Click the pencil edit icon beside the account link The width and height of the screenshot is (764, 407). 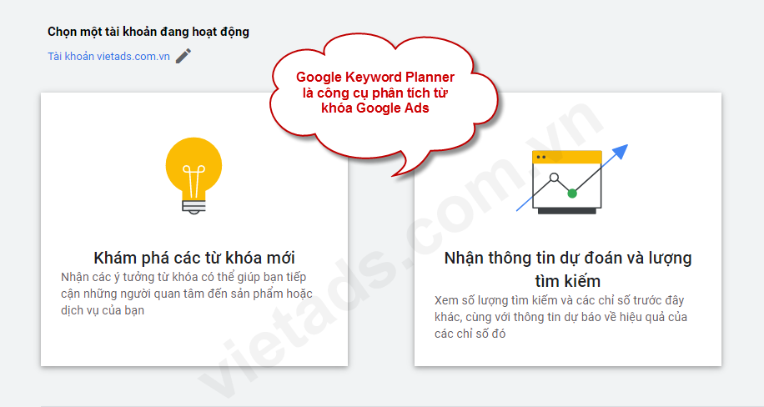(183, 56)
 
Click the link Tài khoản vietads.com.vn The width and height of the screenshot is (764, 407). (108, 57)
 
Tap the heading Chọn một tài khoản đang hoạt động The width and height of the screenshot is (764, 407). (148, 32)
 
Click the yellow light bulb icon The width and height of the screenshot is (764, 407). (194, 167)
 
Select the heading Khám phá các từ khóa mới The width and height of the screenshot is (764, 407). (194, 257)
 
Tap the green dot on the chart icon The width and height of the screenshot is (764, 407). (572, 193)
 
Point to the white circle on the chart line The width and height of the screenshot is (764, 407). (552, 178)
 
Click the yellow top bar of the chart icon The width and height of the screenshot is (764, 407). (567, 157)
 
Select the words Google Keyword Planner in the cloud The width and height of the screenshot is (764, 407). (375, 77)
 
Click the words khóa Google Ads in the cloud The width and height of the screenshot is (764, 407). (375, 108)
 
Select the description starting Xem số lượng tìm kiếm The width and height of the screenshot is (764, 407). (560, 317)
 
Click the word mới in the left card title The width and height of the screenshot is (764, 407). (280, 257)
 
